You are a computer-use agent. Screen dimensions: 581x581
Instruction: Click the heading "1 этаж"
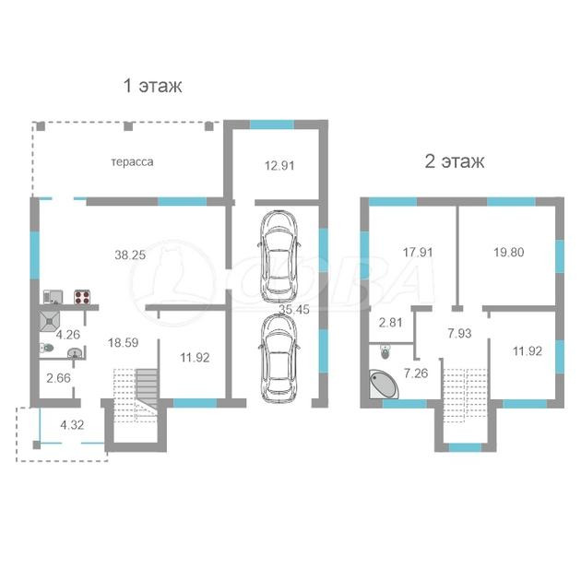click(x=152, y=86)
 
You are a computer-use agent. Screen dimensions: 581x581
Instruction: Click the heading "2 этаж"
click(x=455, y=161)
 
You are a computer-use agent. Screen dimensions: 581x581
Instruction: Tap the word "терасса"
click(x=132, y=162)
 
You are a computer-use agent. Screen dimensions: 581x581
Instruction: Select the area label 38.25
click(x=130, y=255)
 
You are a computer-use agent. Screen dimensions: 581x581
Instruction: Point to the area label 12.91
click(x=279, y=165)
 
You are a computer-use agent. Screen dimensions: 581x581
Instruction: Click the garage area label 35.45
click(x=294, y=309)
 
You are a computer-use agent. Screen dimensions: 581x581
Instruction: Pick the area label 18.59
click(x=124, y=342)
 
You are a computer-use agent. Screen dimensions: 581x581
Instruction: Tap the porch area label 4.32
click(x=72, y=424)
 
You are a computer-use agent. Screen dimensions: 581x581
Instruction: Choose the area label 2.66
click(x=58, y=378)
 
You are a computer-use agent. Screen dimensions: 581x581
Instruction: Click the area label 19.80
click(x=509, y=253)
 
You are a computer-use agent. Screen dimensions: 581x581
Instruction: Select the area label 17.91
click(x=418, y=253)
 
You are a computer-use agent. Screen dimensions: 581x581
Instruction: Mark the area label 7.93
click(x=459, y=333)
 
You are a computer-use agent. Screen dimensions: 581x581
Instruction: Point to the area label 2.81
click(x=390, y=323)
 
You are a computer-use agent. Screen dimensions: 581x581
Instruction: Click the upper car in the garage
click(x=279, y=256)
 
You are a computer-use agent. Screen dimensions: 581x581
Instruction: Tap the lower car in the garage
click(x=279, y=358)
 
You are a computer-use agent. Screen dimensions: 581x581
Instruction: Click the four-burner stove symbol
click(x=82, y=297)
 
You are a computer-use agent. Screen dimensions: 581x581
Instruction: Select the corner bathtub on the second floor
click(x=383, y=384)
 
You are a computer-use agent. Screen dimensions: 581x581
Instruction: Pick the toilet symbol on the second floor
click(x=385, y=351)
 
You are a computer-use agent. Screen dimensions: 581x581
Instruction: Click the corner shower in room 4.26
click(x=49, y=322)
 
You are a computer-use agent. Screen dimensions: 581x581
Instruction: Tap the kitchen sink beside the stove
click(x=53, y=297)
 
